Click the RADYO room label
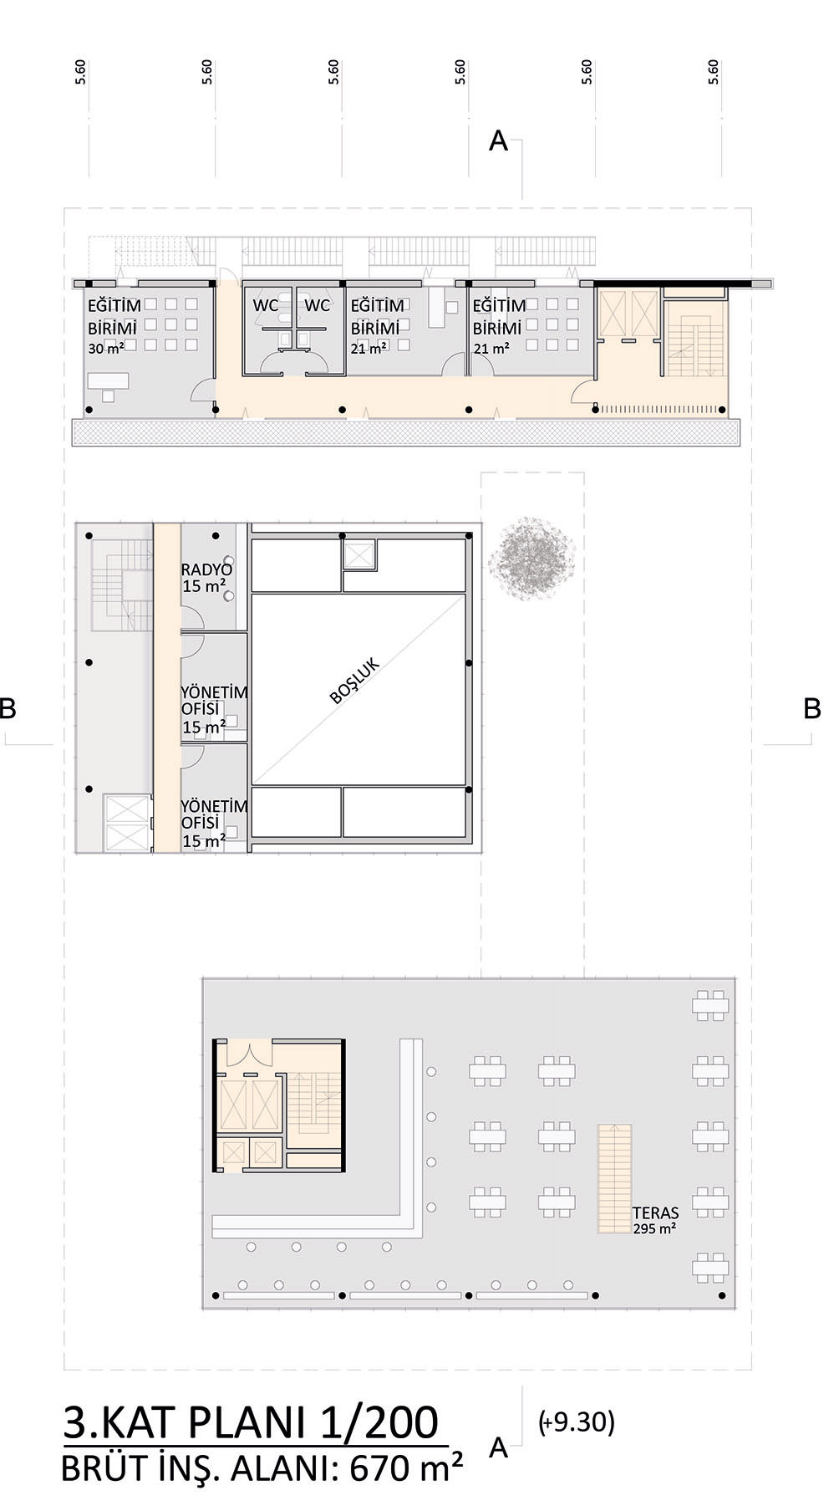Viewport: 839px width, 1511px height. pyautogui.click(x=206, y=570)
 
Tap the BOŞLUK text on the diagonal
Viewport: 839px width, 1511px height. pyautogui.click(x=355, y=681)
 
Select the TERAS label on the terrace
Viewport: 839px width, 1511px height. pyautogui.click(x=655, y=1212)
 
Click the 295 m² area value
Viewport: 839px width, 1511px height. pyautogui.click(x=654, y=1228)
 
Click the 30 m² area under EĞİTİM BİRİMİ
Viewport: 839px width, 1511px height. pyautogui.click(x=106, y=349)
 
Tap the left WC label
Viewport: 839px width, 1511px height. pyautogui.click(x=266, y=306)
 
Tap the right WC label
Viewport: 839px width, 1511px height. pyautogui.click(x=317, y=306)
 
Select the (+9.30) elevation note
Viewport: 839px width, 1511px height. pyautogui.click(x=577, y=1422)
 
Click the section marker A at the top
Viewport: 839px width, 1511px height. pyautogui.click(x=498, y=140)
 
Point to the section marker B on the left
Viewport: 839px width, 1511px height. pyautogui.click(x=8, y=708)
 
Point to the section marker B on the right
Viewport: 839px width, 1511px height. pyautogui.click(x=811, y=708)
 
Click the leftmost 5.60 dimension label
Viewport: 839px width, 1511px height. pyautogui.click(x=80, y=72)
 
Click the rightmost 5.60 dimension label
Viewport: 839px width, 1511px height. pyautogui.click(x=713, y=72)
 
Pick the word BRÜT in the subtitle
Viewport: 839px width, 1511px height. pyautogui.click(x=102, y=1468)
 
